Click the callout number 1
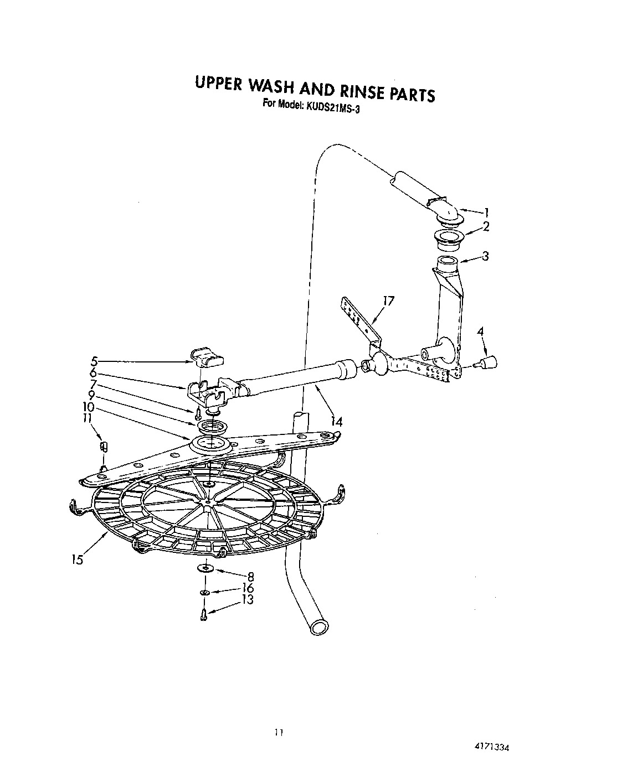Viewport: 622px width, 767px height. point(486,211)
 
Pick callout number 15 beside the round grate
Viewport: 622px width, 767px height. point(77,559)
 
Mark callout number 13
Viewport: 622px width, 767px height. point(248,599)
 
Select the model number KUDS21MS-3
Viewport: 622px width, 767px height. point(331,108)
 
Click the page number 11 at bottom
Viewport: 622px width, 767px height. point(279,733)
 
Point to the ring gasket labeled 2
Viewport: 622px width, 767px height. point(448,239)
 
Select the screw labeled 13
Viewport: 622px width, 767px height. point(204,614)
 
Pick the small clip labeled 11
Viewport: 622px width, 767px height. point(101,447)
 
